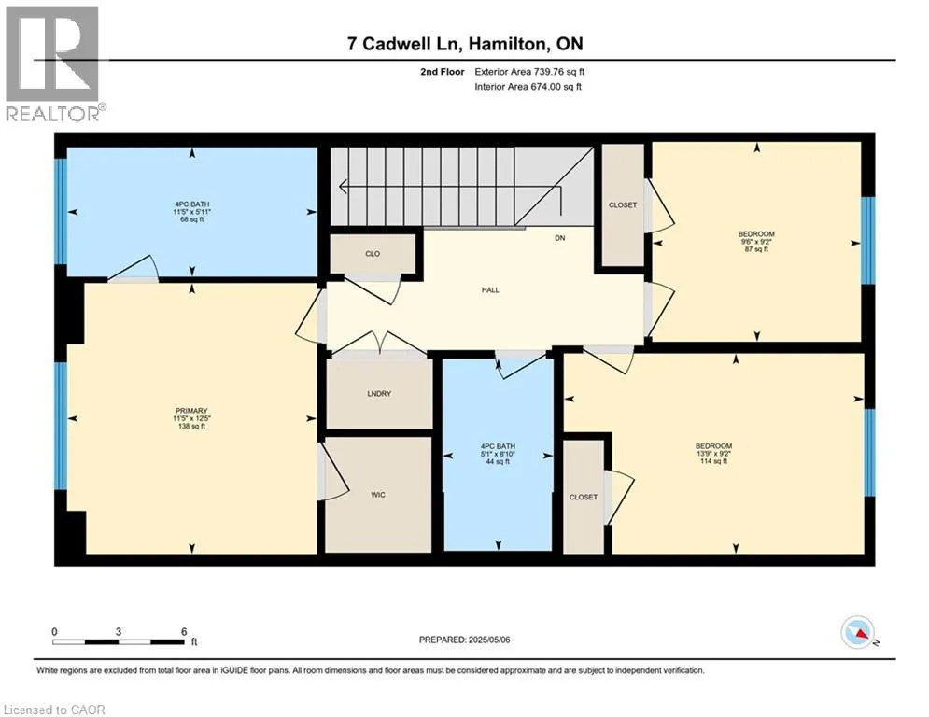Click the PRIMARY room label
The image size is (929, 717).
click(x=191, y=411)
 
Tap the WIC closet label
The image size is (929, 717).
click(x=378, y=495)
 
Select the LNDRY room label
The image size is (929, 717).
click(x=379, y=393)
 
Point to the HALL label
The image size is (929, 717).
click(x=490, y=289)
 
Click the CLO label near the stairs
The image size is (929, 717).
click(x=373, y=254)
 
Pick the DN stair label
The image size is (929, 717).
click(x=560, y=238)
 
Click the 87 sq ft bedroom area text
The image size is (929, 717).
click(x=756, y=249)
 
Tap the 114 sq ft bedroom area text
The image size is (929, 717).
click(x=714, y=461)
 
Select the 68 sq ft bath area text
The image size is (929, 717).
click(x=192, y=219)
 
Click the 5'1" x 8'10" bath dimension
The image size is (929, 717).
click(x=498, y=454)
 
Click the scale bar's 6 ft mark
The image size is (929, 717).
click(x=184, y=632)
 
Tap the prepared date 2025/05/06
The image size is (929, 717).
click(x=489, y=640)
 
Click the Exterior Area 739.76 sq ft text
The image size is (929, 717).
click(x=529, y=72)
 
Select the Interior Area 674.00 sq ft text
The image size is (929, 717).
click(x=528, y=87)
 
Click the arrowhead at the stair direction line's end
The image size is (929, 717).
click(x=343, y=187)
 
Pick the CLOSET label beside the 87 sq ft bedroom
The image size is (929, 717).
click(x=623, y=205)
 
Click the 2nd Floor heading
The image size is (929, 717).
click(x=443, y=72)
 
